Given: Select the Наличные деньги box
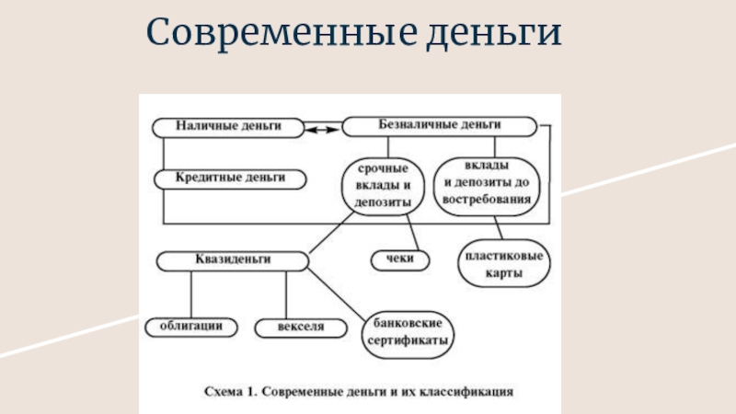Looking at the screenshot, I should click(x=228, y=127).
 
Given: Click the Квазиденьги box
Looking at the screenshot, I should click(x=232, y=260).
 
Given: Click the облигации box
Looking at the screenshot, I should click(x=191, y=326).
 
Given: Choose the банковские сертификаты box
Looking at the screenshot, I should click(x=409, y=332).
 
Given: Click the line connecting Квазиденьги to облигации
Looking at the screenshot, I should click(x=191, y=294).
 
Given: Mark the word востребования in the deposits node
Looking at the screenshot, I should click(x=484, y=198).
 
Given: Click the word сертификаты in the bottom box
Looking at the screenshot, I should click(x=409, y=340).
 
